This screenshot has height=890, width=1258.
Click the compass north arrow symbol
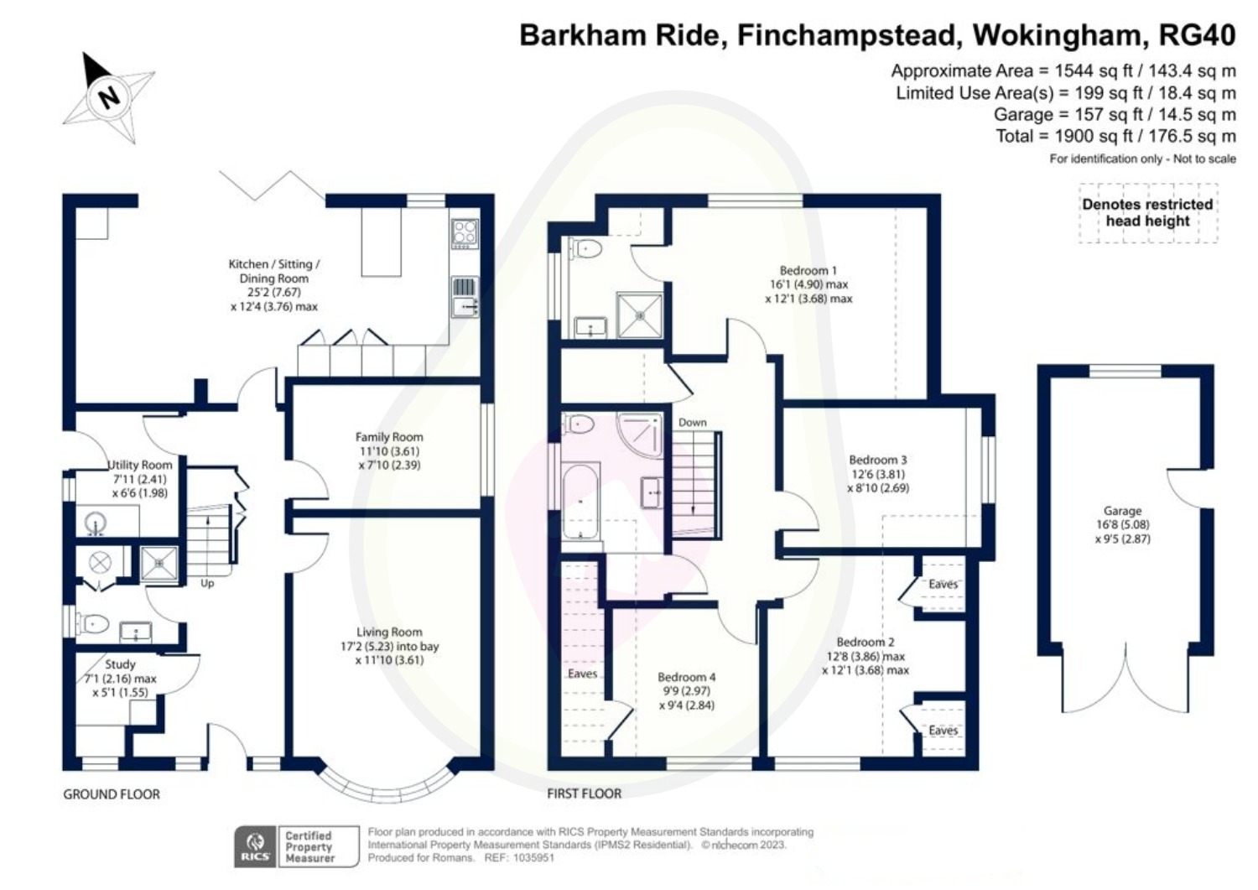[108, 96]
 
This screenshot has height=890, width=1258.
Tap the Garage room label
[1122, 511]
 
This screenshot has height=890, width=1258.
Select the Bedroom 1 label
[808, 271]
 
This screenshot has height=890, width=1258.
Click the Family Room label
[389, 437]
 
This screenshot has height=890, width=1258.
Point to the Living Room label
[389, 632]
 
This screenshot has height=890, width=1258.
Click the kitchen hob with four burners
[465, 234]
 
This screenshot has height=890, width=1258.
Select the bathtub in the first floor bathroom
[580, 502]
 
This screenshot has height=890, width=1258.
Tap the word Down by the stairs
[693, 422]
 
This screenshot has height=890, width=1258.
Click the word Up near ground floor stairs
[207, 583]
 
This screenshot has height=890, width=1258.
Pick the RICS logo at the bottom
[256, 846]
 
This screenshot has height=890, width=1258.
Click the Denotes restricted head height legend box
[1147, 213]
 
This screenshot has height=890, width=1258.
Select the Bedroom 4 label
[686, 677]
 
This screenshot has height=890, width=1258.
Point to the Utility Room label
[140, 465]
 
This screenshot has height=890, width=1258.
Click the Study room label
[120, 664]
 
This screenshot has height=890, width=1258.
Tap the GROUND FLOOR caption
[112, 794]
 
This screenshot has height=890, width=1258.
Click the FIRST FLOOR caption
[585, 794]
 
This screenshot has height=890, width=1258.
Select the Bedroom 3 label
[877, 460]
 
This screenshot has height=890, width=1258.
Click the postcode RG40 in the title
[1197, 35]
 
